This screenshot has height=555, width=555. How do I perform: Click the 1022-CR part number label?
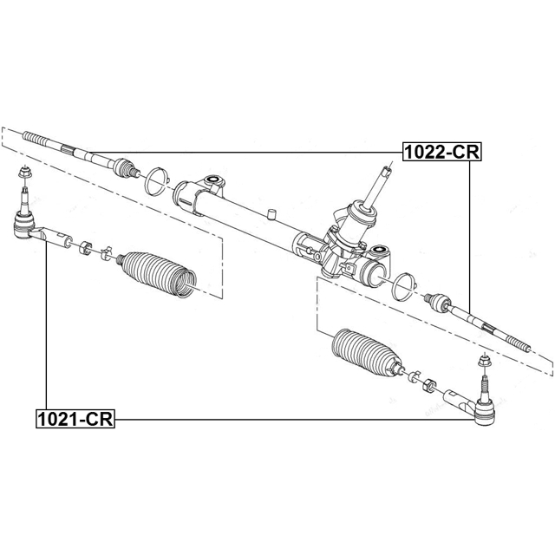(x=442, y=152)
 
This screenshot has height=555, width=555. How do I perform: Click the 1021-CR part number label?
(x=75, y=419)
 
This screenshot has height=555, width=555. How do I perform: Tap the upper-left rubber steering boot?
(x=157, y=274)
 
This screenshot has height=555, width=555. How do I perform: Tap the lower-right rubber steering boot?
(x=367, y=352)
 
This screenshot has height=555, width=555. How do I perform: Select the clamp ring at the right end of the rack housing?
(x=404, y=287)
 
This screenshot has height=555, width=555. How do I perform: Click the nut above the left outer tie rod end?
(x=24, y=173)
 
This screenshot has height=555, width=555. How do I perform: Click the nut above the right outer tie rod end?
(x=484, y=361)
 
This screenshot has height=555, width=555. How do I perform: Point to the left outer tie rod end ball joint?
(x=24, y=225)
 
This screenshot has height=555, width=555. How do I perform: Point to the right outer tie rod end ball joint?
(x=486, y=412)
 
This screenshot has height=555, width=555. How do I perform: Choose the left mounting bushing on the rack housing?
(x=213, y=182)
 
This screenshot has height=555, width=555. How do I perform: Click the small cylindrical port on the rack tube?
(x=271, y=214)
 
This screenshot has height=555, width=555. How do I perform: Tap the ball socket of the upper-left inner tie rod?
(x=124, y=167)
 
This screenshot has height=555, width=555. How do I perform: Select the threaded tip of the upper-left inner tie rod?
(x=36, y=139)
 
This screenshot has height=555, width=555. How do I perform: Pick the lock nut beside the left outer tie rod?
(x=85, y=247)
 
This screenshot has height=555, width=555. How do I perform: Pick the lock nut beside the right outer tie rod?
(x=428, y=385)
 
